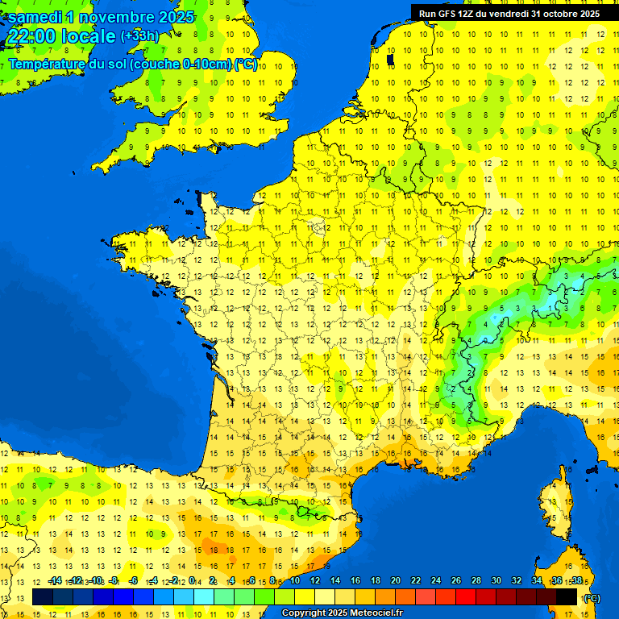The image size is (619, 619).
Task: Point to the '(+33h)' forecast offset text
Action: point(139,36)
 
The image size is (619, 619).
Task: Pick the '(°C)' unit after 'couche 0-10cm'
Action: point(246,64)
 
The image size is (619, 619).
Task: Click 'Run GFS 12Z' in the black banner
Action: point(447,13)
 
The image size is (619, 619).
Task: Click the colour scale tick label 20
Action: point(396,581)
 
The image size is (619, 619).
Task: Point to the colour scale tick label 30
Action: point(496,581)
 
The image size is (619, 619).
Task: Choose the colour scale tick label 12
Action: point(315,581)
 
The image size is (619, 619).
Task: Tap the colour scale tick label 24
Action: point(436,581)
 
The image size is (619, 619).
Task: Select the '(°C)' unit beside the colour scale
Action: point(592,597)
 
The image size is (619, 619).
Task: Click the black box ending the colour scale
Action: point(567,597)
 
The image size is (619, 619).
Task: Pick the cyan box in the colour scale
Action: point(204,597)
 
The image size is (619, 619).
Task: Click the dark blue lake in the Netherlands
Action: point(391,60)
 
